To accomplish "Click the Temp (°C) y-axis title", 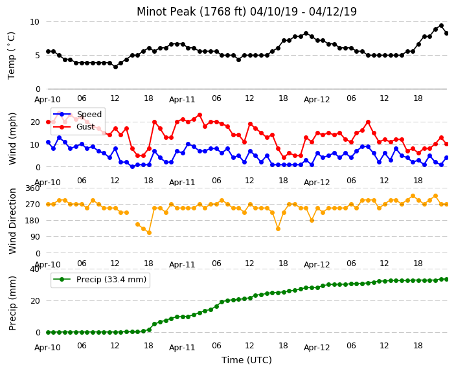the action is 11,56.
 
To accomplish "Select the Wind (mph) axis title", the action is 12,139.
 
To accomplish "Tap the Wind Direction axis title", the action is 12,221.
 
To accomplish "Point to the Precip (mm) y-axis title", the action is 12,303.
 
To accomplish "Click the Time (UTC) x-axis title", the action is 247,360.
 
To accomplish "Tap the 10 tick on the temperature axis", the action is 34,22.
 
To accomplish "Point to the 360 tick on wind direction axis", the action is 32,188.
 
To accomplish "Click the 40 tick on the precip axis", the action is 34,269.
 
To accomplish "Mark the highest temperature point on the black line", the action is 441,26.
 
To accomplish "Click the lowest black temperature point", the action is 115,67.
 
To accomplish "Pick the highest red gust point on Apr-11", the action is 199,115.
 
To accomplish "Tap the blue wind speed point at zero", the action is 132,167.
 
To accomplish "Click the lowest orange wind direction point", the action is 149,232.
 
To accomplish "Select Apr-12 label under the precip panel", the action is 317,348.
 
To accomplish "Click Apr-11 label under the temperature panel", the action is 182,100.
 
